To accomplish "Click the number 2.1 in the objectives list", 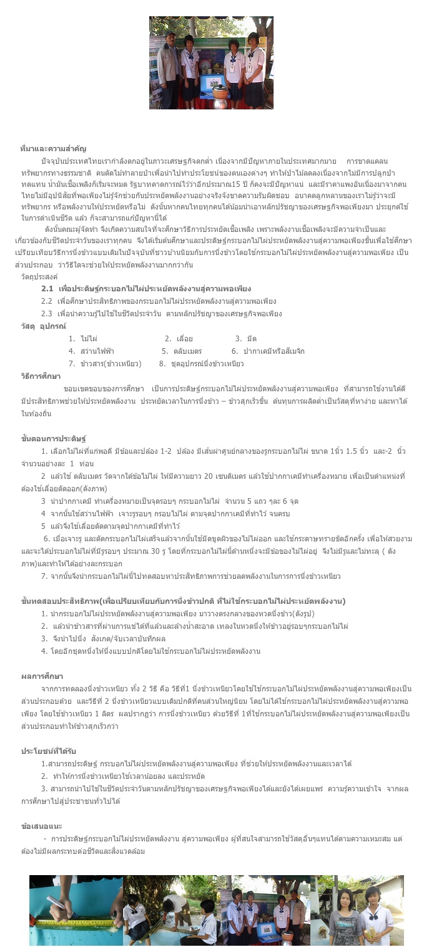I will [x=47, y=288].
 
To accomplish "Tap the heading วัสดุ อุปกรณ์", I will [x=43, y=326].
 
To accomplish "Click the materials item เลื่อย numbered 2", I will [x=175, y=338].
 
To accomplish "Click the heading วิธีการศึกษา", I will [x=41, y=376].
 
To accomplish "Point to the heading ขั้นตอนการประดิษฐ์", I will [x=53, y=438].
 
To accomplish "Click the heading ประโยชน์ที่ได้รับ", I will [x=48, y=751].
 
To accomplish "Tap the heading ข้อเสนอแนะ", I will [x=41, y=826].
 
